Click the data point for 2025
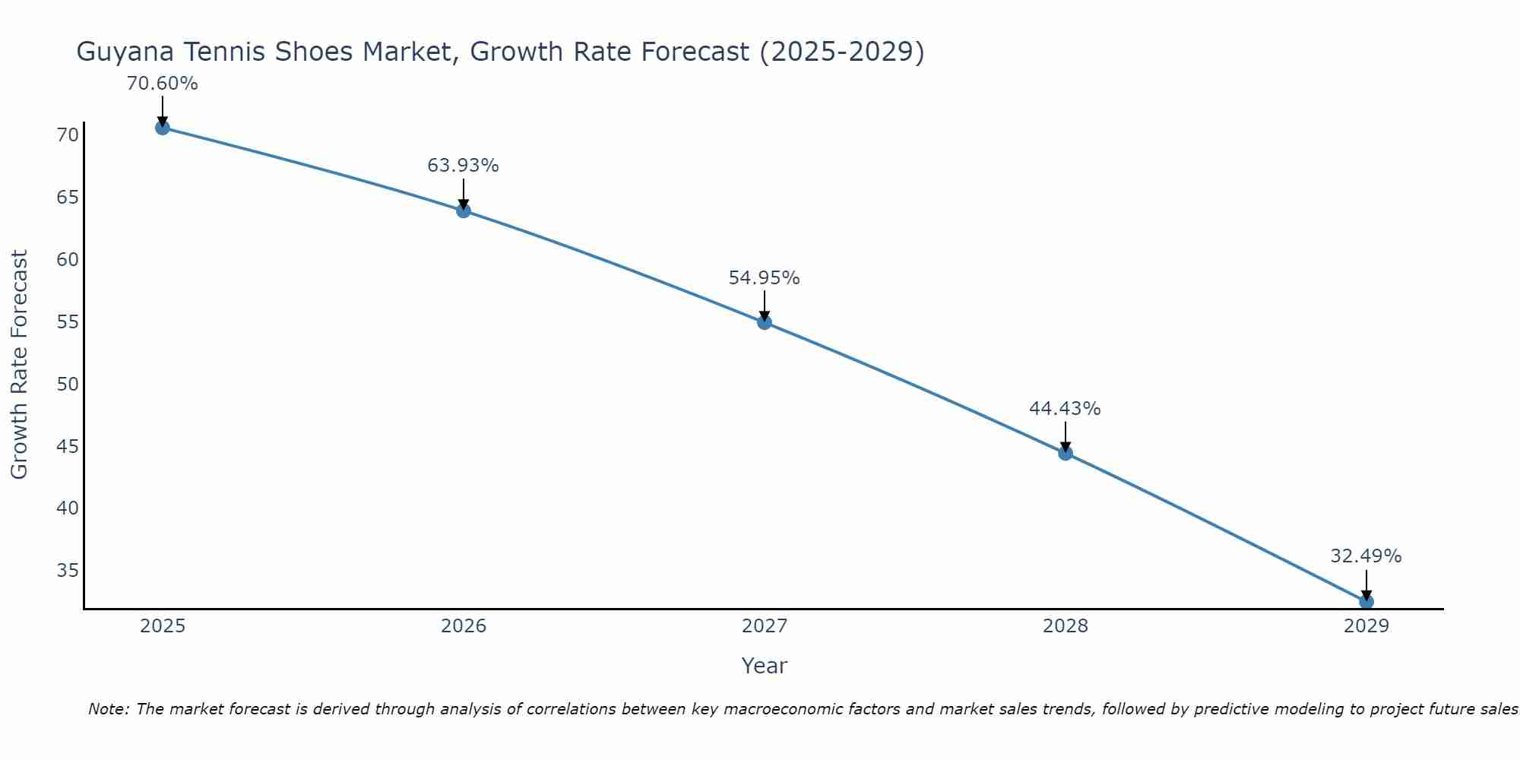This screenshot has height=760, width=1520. click(162, 128)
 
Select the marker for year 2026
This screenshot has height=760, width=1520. click(464, 211)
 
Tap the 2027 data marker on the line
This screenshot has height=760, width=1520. click(765, 322)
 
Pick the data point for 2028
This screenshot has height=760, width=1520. click(1066, 453)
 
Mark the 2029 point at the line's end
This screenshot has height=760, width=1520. click(1366, 601)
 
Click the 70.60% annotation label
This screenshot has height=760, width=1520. click(162, 84)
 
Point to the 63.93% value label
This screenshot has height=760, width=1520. click(463, 166)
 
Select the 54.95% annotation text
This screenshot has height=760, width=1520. click(764, 278)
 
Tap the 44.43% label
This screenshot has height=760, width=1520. click(1065, 409)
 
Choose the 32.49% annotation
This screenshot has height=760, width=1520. click(1366, 556)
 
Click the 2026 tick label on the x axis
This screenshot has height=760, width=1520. click(464, 626)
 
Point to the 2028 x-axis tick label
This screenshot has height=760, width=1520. click(1066, 626)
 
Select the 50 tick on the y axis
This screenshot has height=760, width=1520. click(68, 384)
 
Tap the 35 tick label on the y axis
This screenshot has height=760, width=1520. click(68, 570)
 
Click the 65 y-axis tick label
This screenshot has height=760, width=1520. click(68, 198)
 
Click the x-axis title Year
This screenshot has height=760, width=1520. click(764, 666)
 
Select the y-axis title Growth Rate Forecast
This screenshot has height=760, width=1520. click(19, 365)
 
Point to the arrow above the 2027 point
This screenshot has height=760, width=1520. click(765, 306)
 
